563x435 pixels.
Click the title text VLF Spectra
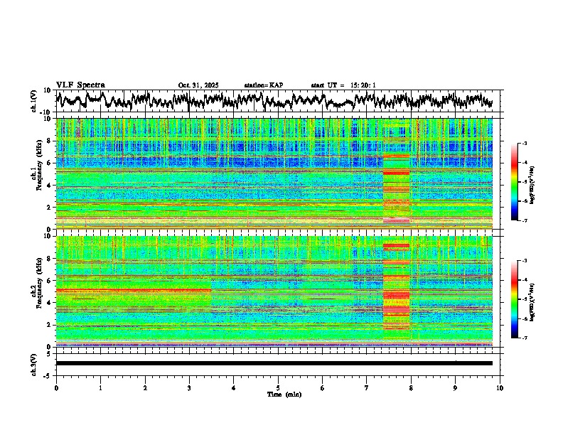pyautogui.click(x=80, y=85)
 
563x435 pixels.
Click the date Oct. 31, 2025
pyautogui.click(x=198, y=85)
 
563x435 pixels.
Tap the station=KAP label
pyautogui.click(x=263, y=85)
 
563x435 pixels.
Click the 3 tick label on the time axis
pyautogui.click(x=189, y=387)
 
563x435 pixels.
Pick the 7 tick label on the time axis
pyautogui.click(x=367, y=387)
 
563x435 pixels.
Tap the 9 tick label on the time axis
pyautogui.click(x=456, y=387)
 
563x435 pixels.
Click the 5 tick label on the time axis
pyautogui.click(x=278, y=387)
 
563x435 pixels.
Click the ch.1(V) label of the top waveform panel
pyautogui.click(x=34, y=101)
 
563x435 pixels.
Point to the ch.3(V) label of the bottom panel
pyautogui.click(x=34, y=362)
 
